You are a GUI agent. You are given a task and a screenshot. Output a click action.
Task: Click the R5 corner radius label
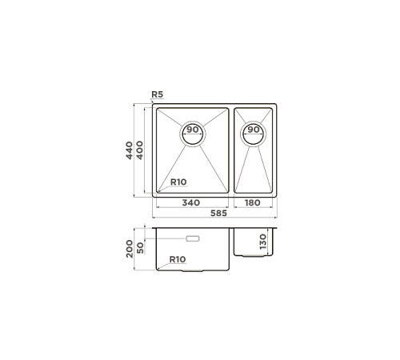click(x=157, y=94)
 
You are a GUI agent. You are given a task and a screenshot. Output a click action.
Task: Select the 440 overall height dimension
click(x=129, y=150)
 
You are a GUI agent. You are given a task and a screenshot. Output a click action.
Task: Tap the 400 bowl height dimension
click(x=140, y=150)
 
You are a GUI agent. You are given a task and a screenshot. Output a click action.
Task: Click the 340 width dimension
click(x=191, y=202)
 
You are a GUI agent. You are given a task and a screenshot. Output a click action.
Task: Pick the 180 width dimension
click(x=253, y=202)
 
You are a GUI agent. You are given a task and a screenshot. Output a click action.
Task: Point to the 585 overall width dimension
click(x=218, y=213)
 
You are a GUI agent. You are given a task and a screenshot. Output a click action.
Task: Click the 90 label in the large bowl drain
click(x=193, y=130)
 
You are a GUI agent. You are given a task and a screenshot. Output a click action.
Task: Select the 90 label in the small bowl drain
click(x=254, y=130)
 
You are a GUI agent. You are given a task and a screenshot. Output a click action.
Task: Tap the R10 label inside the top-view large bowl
click(x=178, y=182)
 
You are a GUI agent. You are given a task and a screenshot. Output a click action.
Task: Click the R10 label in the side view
click(x=178, y=259)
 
